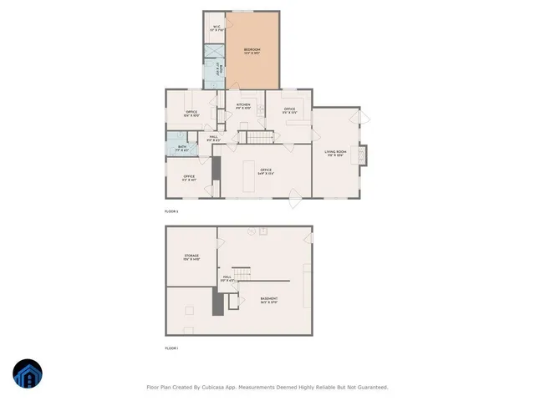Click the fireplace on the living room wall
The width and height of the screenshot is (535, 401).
[362, 156]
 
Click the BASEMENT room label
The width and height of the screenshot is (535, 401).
[268, 300]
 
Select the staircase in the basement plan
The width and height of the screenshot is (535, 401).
[241, 274]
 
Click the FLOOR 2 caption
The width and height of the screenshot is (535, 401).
[171, 211]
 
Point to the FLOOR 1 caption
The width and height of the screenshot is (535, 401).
[171, 348]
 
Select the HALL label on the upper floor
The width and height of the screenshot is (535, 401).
[214, 138]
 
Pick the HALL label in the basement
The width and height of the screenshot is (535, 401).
[227, 278]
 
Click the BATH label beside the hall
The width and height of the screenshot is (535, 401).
[183, 149]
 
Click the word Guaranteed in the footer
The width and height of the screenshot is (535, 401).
[369, 388]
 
